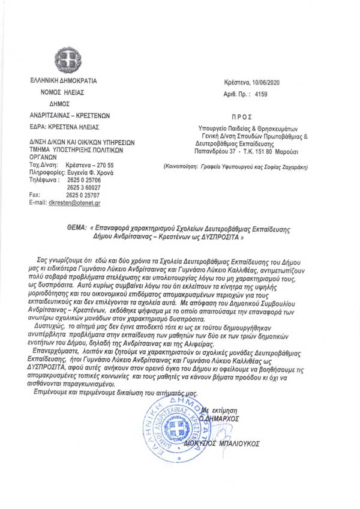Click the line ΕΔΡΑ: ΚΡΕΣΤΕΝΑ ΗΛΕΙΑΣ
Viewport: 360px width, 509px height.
(65, 127)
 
